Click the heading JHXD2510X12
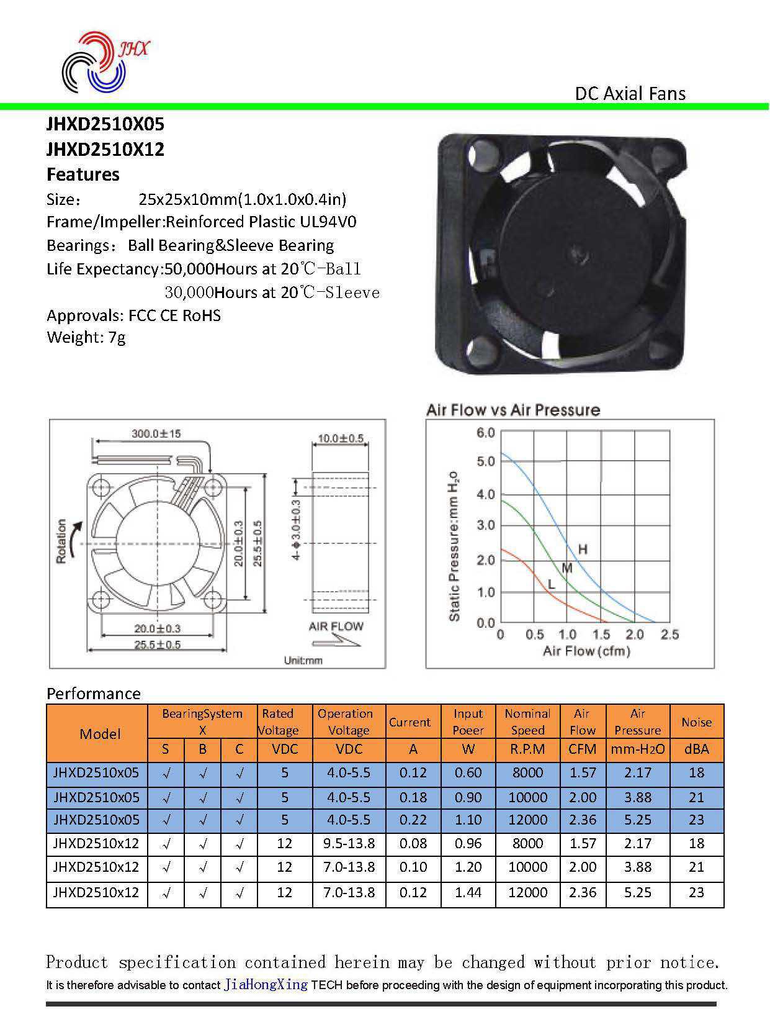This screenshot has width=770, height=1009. pyautogui.click(x=105, y=150)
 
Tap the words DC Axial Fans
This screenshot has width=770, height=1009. pyautogui.click(x=630, y=94)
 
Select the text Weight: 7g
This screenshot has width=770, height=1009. pyautogui.click(x=86, y=338)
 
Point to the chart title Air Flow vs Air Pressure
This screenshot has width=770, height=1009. pyautogui.click(x=513, y=410)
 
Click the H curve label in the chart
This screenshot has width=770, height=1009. pyautogui.click(x=583, y=549)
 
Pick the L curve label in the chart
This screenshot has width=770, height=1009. pyautogui.click(x=551, y=584)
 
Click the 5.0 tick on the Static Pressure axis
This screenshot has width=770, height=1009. pyautogui.click(x=485, y=461)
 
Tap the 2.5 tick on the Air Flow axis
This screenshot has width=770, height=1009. pyautogui.click(x=669, y=635)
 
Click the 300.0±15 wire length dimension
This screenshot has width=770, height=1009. pyautogui.click(x=156, y=433)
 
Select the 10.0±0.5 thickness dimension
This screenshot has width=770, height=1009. pyautogui.click(x=340, y=438)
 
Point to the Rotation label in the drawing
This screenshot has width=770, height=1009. pyautogui.click(x=61, y=541)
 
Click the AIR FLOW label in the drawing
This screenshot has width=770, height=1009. pyautogui.click(x=336, y=626)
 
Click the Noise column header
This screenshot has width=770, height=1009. pyautogui.click(x=696, y=722)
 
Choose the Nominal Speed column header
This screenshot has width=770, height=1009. pyautogui.click(x=527, y=722)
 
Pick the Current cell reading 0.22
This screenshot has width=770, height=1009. pyautogui.click(x=413, y=820)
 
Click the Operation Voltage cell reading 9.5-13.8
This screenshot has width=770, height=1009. pyautogui.click(x=349, y=844)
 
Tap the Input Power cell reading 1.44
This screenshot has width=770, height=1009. pyautogui.click(x=468, y=893)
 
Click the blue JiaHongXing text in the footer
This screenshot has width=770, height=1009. pyautogui.click(x=266, y=985)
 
